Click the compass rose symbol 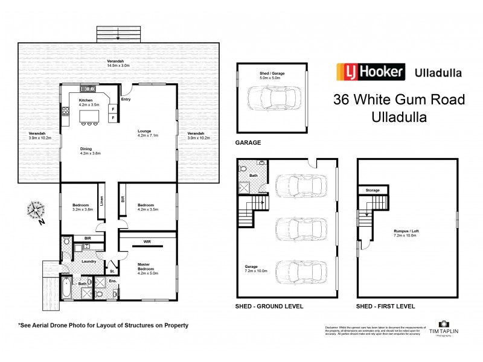point(36,211)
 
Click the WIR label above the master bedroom point(147,242)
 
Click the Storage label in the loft point(372,190)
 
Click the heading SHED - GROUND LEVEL point(269,306)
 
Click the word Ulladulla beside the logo point(438,73)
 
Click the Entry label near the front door point(126,100)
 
